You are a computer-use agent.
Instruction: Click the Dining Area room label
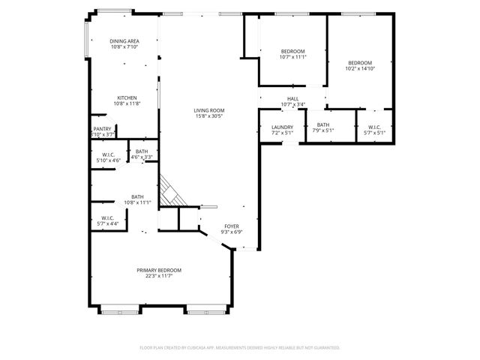(x=125, y=41)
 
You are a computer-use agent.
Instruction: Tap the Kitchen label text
(x=126, y=98)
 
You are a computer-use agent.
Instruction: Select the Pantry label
(x=103, y=129)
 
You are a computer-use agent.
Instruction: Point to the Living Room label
(x=210, y=110)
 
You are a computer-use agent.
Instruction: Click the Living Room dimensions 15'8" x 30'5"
(x=210, y=116)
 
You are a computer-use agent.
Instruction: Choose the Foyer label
(x=231, y=226)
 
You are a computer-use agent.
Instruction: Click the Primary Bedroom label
(x=159, y=270)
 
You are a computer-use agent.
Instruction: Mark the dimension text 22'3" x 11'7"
(x=159, y=276)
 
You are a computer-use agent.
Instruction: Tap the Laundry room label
(x=282, y=127)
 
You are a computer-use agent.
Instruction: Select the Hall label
(x=292, y=98)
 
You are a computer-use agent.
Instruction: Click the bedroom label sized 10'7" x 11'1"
(x=292, y=51)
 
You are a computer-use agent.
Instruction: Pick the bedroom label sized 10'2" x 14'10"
(x=360, y=63)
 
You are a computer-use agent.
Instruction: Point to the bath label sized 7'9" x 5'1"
(x=323, y=125)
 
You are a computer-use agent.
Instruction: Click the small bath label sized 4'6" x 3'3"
(x=142, y=151)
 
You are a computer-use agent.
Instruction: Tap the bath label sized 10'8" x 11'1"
(x=137, y=196)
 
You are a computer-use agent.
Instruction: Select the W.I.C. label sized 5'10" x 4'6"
(x=108, y=154)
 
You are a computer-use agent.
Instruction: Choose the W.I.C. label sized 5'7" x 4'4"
(x=107, y=218)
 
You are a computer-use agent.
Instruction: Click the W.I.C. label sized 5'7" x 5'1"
(x=374, y=127)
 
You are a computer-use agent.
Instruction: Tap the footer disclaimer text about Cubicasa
(x=240, y=347)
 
